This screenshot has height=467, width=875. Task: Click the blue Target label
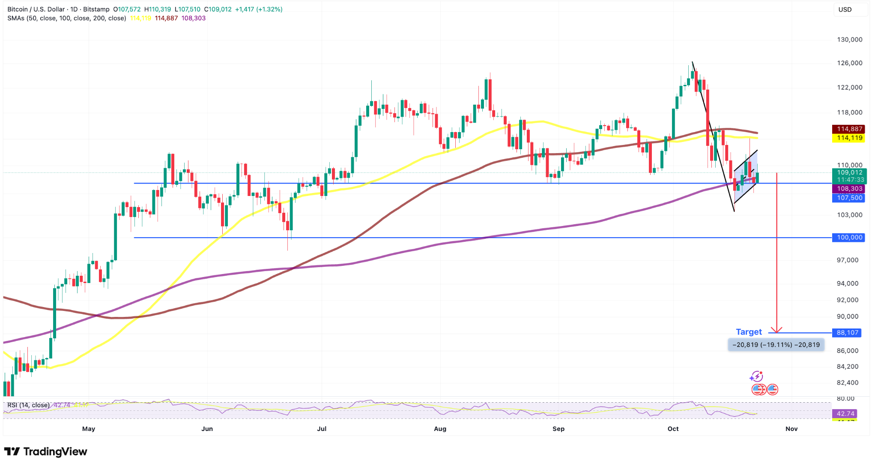point(749,332)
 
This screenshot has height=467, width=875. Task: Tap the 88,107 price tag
point(848,333)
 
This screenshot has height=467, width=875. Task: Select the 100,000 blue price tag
point(849,238)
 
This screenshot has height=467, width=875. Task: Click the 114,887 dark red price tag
point(849,129)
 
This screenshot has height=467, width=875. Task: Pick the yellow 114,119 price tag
point(849,138)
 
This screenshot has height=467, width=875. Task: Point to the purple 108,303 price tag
point(849,189)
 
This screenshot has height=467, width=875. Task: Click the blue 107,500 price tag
point(849,198)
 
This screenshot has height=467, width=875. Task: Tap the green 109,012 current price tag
point(849,173)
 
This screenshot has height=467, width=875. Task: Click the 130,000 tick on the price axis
point(849,40)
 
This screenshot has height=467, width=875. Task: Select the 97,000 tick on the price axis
point(847,260)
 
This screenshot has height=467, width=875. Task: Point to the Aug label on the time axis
point(440,429)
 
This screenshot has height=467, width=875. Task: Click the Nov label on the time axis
point(791,429)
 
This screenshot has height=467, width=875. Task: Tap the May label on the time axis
point(89,429)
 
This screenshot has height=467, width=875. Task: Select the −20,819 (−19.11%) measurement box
point(776,345)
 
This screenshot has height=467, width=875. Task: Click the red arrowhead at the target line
point(776,330)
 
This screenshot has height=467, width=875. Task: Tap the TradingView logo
point(45,452)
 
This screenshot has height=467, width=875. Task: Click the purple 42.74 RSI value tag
point(845,414)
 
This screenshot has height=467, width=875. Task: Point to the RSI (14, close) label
point(28,405)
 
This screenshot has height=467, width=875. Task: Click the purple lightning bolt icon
point(756,377)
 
